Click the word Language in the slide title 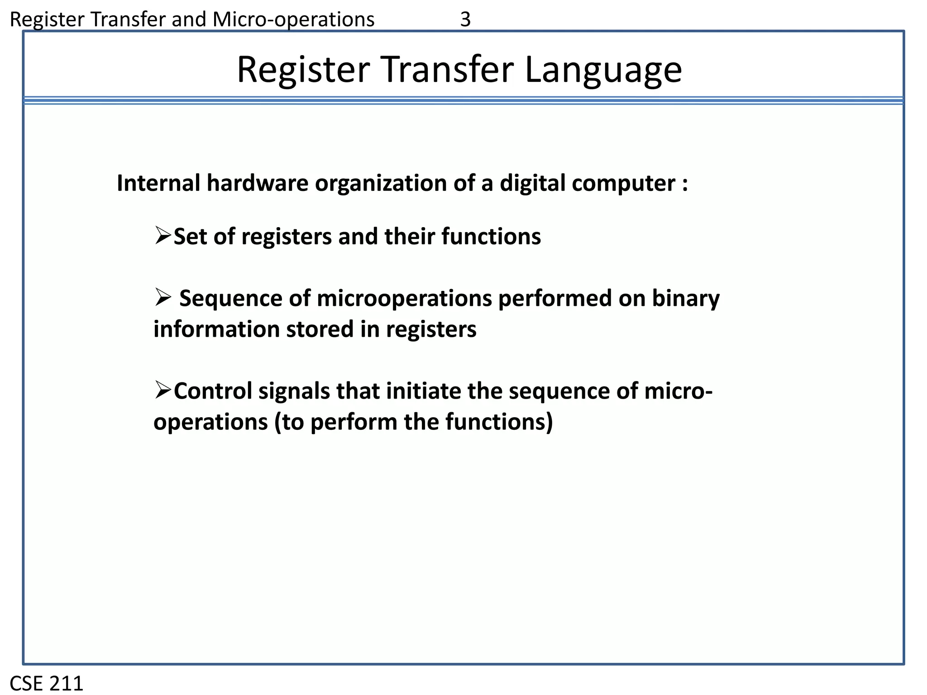pos(603,70)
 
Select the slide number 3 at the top pos(465,19)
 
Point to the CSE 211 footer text pos(47,683)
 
